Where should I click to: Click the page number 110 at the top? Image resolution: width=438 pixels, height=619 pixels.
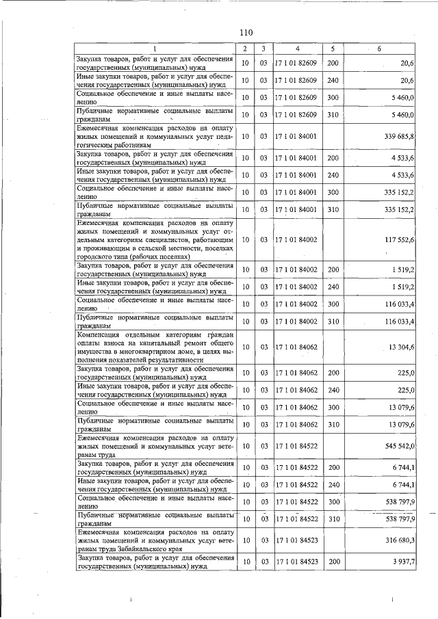pyautogui.click(x=246, y=32)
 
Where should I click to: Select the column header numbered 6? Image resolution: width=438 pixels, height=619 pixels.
pyautogui.click(x=381, y=48)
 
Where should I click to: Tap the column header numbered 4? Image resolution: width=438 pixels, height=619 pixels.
pyautogui.click(x=297, y=48)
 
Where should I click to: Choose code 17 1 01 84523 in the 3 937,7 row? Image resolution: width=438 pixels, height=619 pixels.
pyautogui.click(x=296, y=562)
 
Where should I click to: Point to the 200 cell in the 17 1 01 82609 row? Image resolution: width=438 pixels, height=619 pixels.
pyautogui.click(x=333, y=64)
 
